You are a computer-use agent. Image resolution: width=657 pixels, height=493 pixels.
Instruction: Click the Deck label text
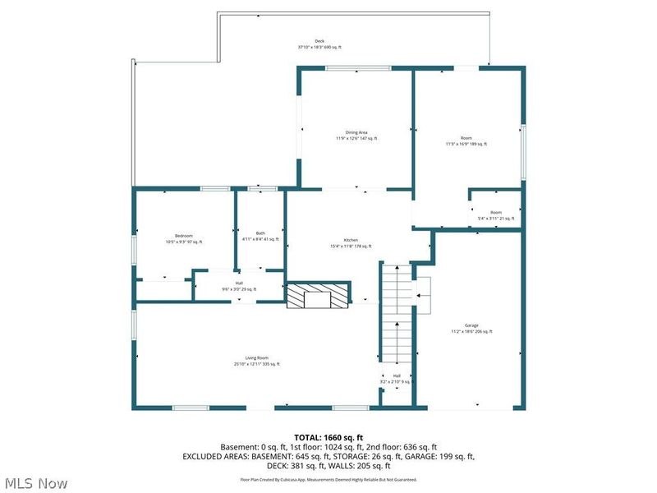click(319, 41)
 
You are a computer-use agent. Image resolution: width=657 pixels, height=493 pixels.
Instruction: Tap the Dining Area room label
click(356, 132)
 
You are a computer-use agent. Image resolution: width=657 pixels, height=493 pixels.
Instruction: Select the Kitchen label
click(351, 240)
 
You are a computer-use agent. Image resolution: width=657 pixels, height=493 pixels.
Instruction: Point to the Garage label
click(471, 325)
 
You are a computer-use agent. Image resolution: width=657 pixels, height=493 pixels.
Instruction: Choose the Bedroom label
click(183, 236)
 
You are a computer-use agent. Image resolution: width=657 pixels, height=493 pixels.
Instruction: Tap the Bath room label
click(260, 233)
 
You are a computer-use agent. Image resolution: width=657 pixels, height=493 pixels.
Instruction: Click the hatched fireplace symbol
click(318, 296)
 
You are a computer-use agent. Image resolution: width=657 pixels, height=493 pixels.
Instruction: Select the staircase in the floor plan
click(395, 316)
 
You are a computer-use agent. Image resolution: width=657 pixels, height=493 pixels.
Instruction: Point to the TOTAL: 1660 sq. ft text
click(328, 437)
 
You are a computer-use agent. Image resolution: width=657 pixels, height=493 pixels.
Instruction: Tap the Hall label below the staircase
click(396, 376)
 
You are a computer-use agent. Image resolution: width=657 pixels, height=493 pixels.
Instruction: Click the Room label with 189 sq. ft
click(466, 138)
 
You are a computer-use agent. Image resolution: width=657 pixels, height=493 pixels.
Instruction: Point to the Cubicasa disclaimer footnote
click(328, 479)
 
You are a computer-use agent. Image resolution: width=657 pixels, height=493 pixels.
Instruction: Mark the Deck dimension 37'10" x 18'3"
click(319, 48)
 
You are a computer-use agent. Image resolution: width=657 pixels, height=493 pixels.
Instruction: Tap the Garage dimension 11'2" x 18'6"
click(471, 331)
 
